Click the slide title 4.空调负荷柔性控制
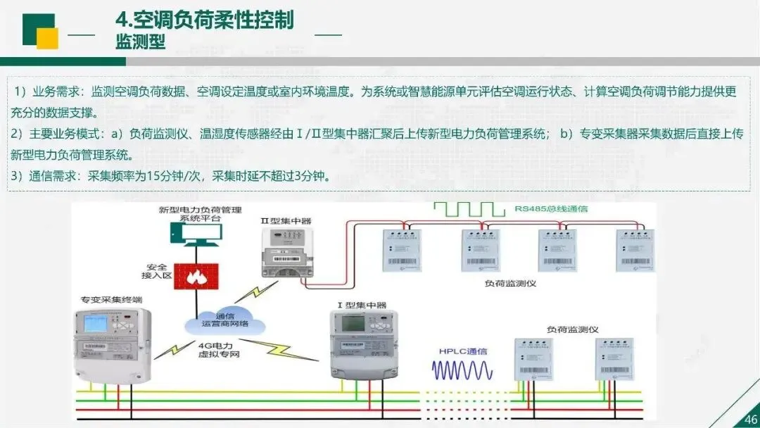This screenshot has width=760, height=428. click(204, 20)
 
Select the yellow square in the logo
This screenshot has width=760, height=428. click(47, 39)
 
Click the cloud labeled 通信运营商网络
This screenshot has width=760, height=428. click(225, 320)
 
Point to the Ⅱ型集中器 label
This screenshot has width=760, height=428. click(286, 220)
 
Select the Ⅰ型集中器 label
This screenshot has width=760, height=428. click(362, 306)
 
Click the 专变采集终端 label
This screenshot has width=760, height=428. click(107, 299)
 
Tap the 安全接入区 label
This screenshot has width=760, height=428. click(156, 272)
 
